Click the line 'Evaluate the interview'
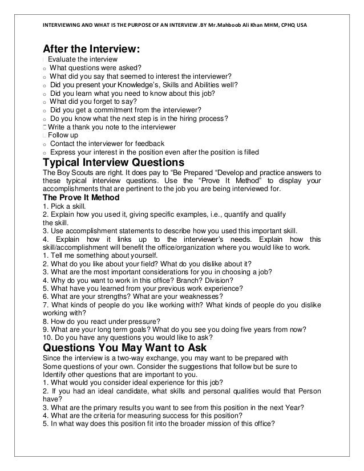pos(83,60)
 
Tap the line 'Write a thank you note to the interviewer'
pos(112,127)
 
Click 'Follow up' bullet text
pos(63,135)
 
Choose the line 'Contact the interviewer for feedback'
pos(107,144)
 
